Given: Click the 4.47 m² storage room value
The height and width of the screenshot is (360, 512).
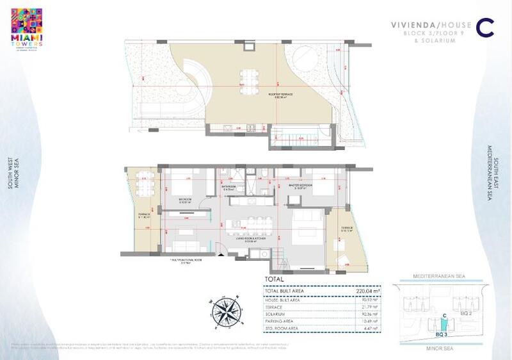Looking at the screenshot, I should point(371,329).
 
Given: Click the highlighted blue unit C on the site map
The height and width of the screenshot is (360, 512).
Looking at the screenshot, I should point(444,325).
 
